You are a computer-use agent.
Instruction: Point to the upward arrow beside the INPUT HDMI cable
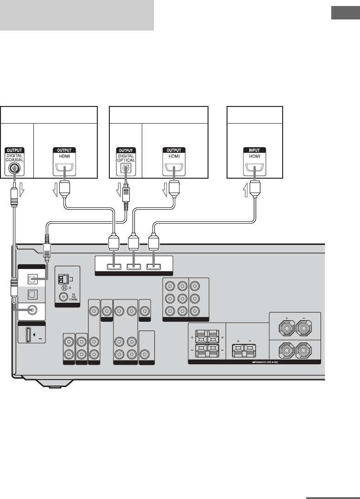[246, 189]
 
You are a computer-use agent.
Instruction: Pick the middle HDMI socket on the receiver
[133, 266]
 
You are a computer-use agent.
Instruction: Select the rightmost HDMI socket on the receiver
[153, 266]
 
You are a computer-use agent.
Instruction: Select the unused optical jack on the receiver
[32, 293]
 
